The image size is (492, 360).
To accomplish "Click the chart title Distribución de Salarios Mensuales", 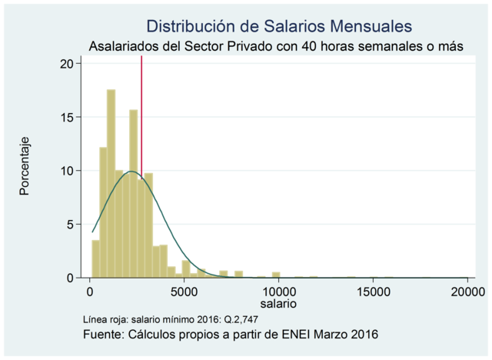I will [x=273, y=26].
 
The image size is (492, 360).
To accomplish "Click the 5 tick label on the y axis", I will [x=70, y=224].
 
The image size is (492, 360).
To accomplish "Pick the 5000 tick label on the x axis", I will [x=184, y=292].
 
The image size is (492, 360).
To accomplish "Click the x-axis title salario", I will [x=278, y=305].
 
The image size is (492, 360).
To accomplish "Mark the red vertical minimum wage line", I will [x=141, y=115].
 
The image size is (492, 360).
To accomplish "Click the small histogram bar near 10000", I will [x=276, y=275].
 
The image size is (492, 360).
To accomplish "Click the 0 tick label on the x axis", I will [x=90, y=292].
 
